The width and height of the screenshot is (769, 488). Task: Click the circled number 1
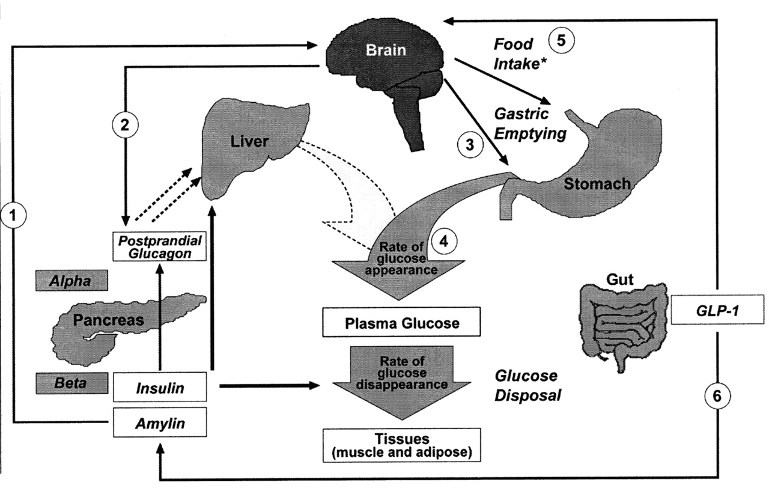click(13, 215)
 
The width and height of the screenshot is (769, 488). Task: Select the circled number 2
click(125, 125)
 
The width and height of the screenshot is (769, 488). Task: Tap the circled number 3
click(470, 145)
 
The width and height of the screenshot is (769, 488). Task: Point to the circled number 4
click(444, 242)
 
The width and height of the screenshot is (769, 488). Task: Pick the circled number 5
click(561, 40)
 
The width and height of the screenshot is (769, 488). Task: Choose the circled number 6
click(717, 396)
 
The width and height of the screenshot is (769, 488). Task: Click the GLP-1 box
click(717, 310)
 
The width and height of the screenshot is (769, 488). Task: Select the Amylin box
click(160, 422)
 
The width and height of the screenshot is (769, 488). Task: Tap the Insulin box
click(160, 386)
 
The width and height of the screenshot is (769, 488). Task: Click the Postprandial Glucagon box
click(160, 246)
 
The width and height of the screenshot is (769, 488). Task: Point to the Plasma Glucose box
click(401, 322)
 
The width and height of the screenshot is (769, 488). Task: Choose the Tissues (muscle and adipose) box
click(402, 445)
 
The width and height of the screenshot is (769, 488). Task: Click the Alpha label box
click(71, 281)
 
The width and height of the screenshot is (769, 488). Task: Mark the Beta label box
click(71, 383)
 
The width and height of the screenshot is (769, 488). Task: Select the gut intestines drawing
click(623, 326)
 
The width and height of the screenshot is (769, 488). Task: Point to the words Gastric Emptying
click(530, 124)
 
